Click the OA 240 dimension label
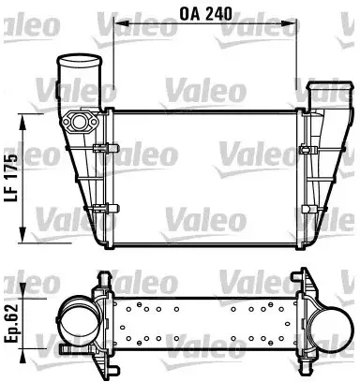[206, 13]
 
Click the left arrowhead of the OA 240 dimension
[121, 23]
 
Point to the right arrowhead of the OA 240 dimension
[289, 23]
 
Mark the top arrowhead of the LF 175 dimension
[22, 123]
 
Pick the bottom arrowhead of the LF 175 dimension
[22, 234]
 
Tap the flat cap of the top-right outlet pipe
[330, 86]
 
